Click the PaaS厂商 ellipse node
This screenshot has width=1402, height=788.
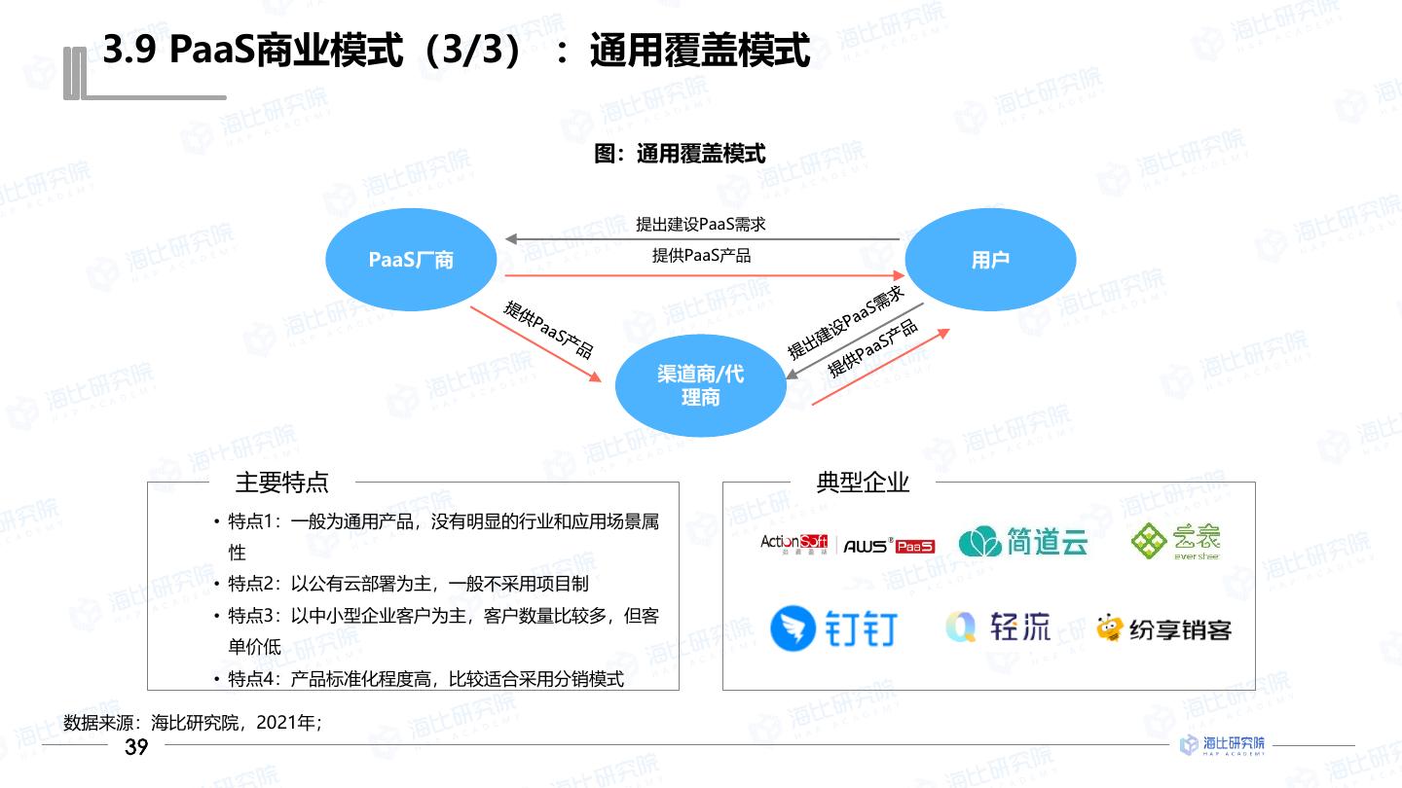[x=411, y=260]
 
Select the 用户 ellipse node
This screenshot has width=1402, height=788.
[x=990, y=260]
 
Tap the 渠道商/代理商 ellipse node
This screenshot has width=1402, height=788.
[x=700, y=385]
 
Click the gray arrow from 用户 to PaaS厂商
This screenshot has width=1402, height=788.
[x=701, y=238]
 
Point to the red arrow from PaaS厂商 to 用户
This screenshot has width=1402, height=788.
[x=701, y=275]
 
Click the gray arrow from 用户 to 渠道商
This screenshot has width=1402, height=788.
[x=854, y=340]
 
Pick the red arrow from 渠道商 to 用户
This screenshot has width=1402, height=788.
[x=880, y=367]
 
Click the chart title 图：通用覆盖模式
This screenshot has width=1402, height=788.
[x=680, y=154]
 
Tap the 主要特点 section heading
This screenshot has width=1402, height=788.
[x=282, y=482]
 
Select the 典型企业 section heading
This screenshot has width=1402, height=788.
[x=863, y=482]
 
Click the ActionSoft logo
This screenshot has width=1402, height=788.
[x=793, y=543]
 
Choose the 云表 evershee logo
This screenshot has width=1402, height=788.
[x=1174, y=541]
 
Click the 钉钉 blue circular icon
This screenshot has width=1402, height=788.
[x=793, y=628]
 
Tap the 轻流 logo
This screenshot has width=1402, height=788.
[x=997, y=627]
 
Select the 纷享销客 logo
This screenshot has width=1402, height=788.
[x=1163, y=629]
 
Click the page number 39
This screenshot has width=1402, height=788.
[x=136, y=747]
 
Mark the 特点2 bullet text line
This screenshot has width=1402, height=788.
[x=409, y=584]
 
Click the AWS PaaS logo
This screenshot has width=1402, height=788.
[x=888, y=546]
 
